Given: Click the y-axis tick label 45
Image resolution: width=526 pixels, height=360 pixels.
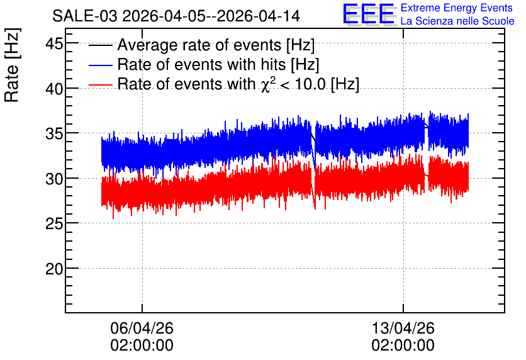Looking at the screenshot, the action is (54, 43).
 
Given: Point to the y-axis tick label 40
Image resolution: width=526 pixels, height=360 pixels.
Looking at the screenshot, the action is (54, 89).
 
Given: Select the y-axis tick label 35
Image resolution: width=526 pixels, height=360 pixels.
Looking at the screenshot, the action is (54, 134).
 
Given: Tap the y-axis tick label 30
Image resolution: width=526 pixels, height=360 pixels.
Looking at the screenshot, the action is (54, 179).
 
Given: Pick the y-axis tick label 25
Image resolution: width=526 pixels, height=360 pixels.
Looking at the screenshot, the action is (54, 224).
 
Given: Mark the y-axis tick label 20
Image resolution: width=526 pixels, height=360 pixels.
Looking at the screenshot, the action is (54, 269).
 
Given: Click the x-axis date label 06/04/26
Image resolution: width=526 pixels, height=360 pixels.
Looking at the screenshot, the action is (142, 328).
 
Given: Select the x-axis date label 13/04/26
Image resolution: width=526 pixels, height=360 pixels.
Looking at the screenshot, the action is (403, 328).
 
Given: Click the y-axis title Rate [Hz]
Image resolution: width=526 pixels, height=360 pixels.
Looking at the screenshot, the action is (12, 65).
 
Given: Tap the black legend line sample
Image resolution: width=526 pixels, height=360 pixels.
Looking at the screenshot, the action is (101, 45).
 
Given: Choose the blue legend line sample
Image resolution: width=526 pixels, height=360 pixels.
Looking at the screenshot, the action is (101, 65).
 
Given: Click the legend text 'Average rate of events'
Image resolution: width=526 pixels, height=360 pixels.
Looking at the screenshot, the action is (199, 45).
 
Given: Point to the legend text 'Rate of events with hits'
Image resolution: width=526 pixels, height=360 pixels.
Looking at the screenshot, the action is (201, 64).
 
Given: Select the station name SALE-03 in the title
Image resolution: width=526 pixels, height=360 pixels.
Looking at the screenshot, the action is (85, 16).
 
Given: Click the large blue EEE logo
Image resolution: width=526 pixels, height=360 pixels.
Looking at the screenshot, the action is (369, 14).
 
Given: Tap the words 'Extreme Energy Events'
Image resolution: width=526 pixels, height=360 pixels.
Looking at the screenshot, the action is (457, 8).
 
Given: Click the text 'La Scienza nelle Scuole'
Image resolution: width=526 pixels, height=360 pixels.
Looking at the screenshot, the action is (457, 21).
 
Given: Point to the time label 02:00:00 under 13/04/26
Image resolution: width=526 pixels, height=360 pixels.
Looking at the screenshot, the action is (403, 346).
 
